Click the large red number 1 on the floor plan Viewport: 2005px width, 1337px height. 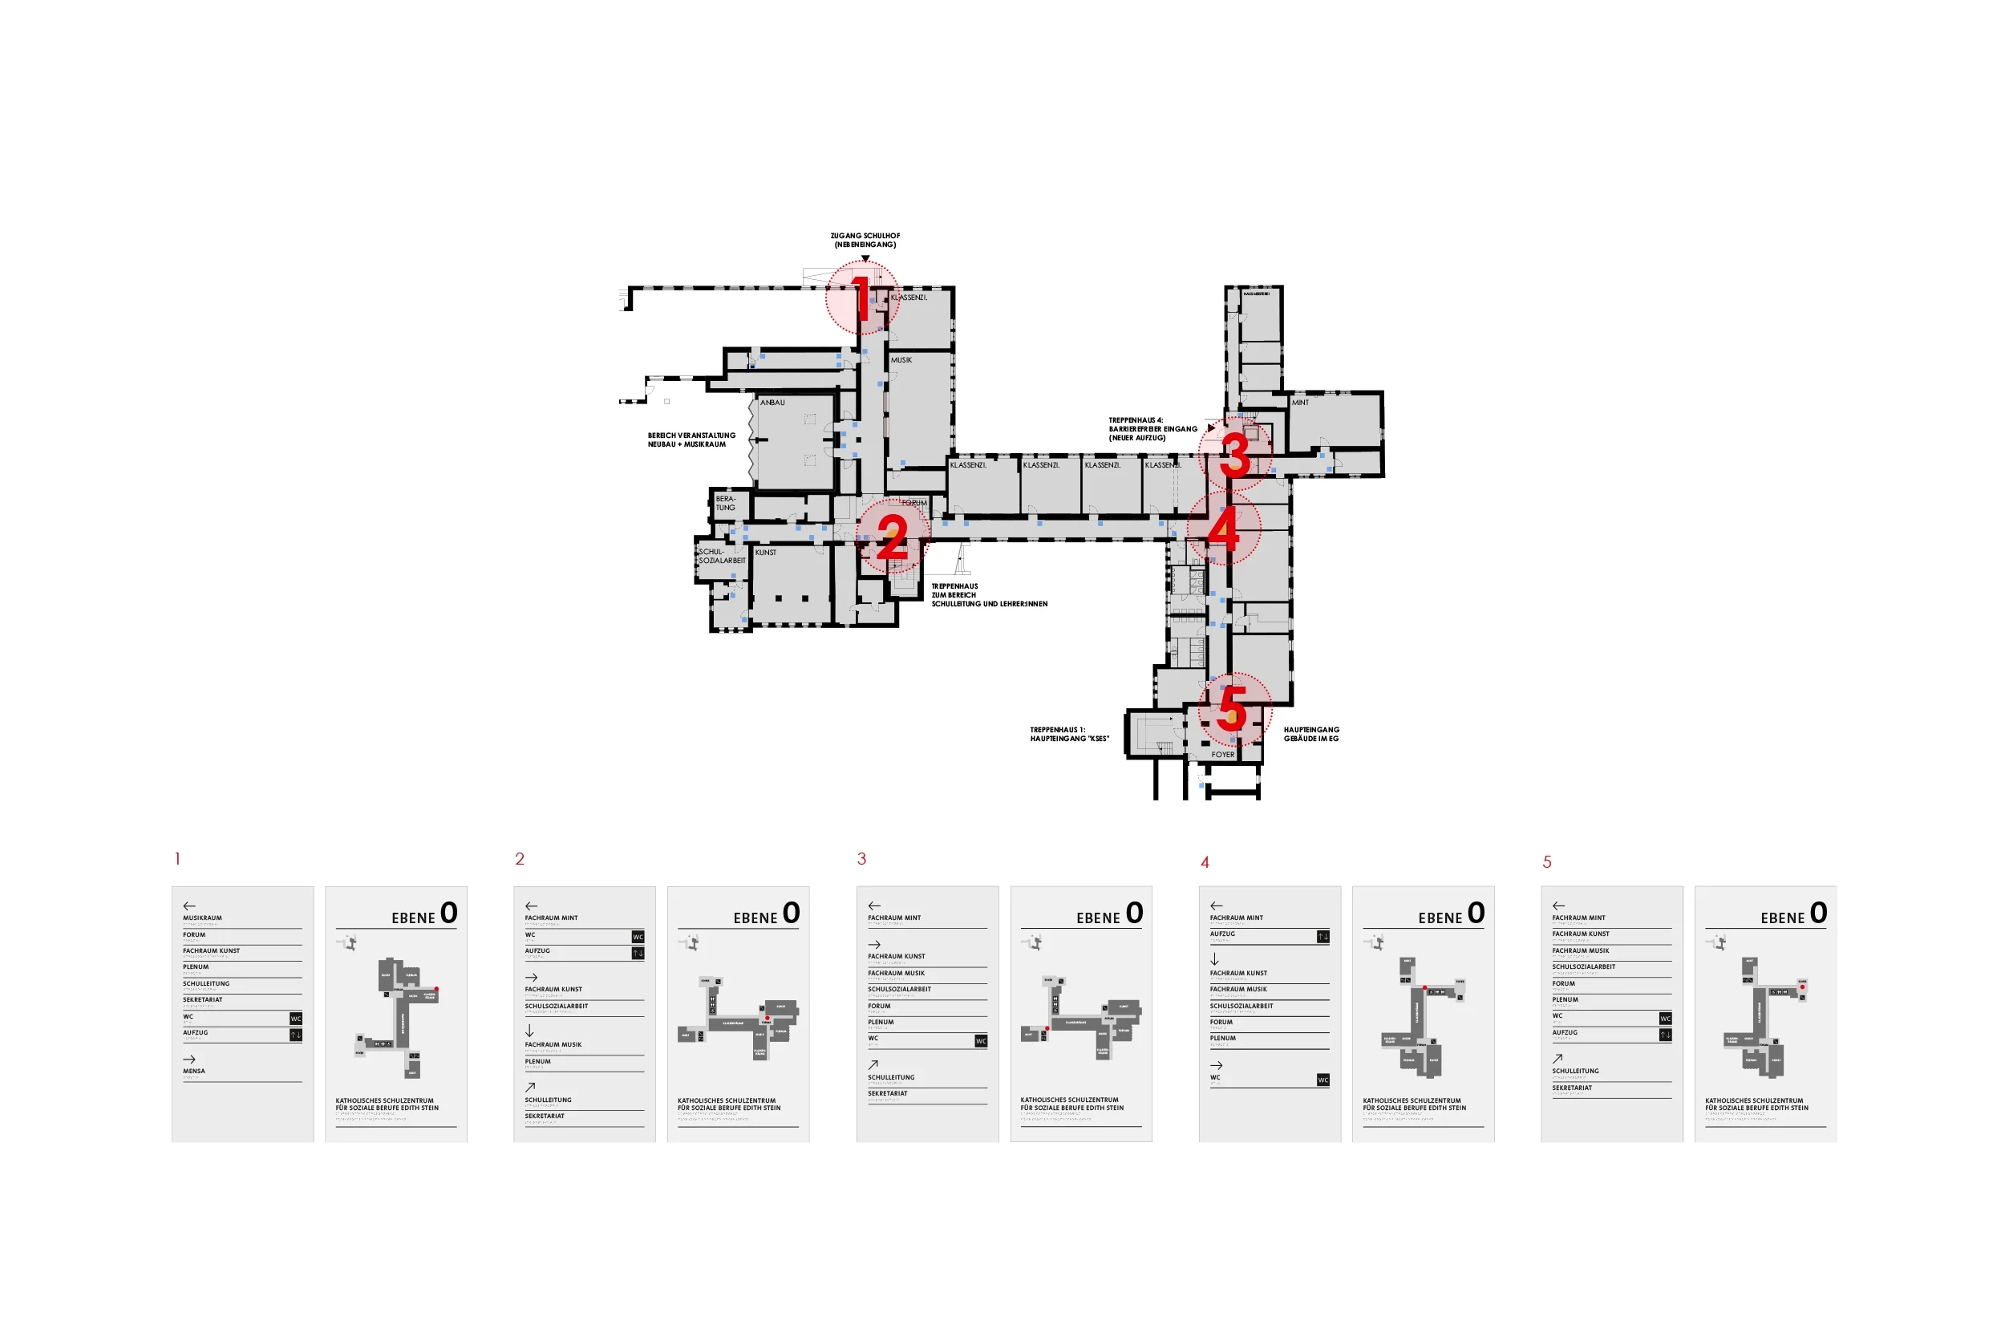pos(862,298)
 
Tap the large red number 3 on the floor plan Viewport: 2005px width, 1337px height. pos(1234,454)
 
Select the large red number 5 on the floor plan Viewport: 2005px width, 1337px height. pos(1233,708)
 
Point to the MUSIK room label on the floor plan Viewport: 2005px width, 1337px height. pos(901,360)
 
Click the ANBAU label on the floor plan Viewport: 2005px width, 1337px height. pos(772,403)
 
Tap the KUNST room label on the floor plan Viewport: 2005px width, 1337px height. pos(766,553)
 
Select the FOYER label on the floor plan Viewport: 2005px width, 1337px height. pos(1222,755)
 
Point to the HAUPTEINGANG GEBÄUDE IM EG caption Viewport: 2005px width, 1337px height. pos(1311,734)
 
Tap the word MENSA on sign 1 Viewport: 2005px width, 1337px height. pos(193,1071)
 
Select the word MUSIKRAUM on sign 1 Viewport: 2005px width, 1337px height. pos(202,918)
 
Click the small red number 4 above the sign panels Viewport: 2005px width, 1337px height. pos(1205,863)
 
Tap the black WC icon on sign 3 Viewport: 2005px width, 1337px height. pos(981,1041)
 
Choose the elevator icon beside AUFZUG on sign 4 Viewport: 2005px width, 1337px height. pos(1323,937)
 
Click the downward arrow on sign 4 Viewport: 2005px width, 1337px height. pos(1215,960)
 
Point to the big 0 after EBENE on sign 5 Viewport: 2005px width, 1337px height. pos(1818,914)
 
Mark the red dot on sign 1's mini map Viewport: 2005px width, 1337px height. pos(436,989)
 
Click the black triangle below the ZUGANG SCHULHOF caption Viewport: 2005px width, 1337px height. pos(865,258)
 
